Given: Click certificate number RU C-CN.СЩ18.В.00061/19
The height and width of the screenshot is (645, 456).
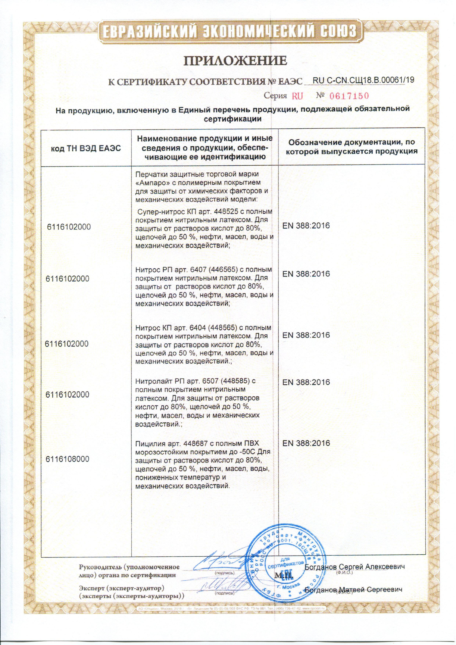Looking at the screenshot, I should [x=363, y=80].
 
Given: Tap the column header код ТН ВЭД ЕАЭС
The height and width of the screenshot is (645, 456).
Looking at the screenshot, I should [x=86, y=148].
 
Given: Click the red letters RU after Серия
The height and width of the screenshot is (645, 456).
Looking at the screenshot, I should [x=297, y=96].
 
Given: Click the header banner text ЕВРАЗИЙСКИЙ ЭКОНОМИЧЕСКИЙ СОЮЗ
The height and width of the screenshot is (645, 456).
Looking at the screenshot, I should [x=228, y=30].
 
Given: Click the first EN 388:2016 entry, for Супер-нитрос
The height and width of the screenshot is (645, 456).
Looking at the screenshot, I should [x=306, y=226].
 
